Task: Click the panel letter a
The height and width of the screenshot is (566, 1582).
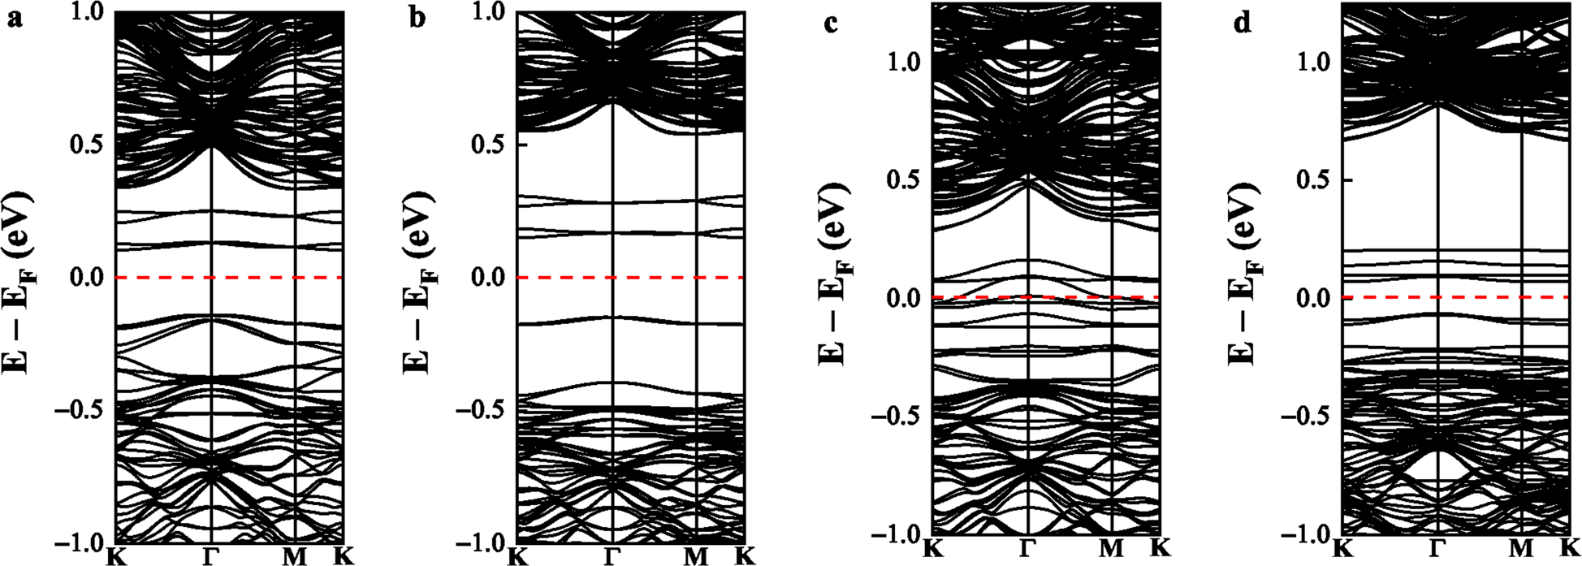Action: point(13,18)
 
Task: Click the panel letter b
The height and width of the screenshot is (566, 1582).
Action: point(417,18)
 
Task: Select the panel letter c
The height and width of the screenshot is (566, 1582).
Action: point(831,24)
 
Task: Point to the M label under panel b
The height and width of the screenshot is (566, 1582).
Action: point(696,555)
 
